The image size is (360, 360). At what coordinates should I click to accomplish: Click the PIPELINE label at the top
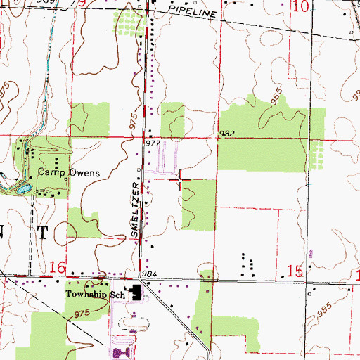click(191, 13)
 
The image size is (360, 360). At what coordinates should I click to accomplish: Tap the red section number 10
click(300, 7)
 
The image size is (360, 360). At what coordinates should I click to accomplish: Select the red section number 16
click(58, 268)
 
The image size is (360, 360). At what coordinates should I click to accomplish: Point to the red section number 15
click(297, 270)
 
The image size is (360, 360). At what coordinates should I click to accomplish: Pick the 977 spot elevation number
click(153, 143)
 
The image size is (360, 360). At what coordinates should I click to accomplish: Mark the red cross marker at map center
click(180, 181)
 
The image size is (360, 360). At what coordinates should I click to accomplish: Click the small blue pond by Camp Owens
click(22, 188)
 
